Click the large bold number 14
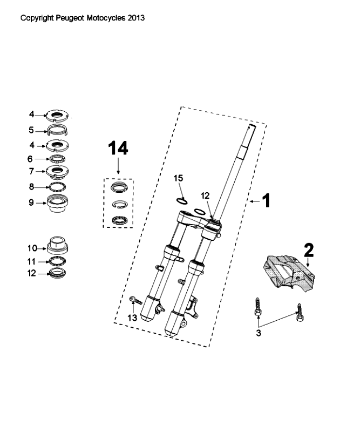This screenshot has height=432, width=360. (118, 148)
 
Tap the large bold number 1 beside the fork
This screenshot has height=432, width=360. (266, 200)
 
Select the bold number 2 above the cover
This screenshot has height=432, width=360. (309, 250)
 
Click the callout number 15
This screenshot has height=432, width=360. (178, 178)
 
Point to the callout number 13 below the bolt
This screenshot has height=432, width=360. (132, 318)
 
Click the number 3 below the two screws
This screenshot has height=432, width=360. (259, 333)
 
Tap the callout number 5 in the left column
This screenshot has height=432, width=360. (31, 130)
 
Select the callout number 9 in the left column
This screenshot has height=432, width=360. (31, 202)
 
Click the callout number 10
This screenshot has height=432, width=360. (32, 248)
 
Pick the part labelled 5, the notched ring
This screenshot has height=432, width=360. (58, 130)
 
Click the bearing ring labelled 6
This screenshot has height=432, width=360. (57, 159)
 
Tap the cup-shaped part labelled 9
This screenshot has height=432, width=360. (58, 204)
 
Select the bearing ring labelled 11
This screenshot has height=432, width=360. (58, 261)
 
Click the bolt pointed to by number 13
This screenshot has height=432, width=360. (135, 300)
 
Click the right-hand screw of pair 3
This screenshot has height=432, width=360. (300, 313)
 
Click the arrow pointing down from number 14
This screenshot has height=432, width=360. (118, 166)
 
